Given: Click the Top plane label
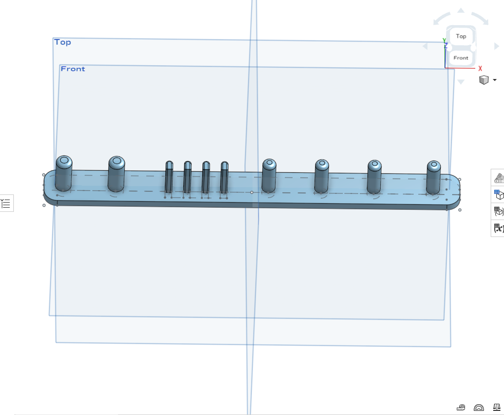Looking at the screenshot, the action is (63, 42).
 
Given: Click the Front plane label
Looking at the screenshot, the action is (73, 69).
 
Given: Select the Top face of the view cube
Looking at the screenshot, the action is (461, 36).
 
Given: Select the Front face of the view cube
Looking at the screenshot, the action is (461, 58).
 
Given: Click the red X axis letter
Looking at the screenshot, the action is (480, 68).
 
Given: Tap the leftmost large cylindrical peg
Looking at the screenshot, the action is (64, 173).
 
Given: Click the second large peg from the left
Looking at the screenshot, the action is (117, 174).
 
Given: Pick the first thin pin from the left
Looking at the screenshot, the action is (169, 177).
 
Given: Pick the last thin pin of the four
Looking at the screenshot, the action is (224, 177).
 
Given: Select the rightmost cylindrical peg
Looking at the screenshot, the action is (433, 177).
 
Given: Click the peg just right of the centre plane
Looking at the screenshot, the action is (269, 176).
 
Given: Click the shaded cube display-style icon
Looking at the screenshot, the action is (484, 80).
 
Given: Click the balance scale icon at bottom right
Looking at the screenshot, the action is (497, 407).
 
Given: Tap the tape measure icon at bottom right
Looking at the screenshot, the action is (461, 408).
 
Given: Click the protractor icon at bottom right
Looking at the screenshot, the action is (479, 408).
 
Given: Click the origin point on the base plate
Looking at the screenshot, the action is (251, 192).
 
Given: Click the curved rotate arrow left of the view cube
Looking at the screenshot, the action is (441, 18).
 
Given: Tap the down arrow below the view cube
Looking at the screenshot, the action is (460, 82).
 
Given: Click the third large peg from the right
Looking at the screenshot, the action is (322, 176).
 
